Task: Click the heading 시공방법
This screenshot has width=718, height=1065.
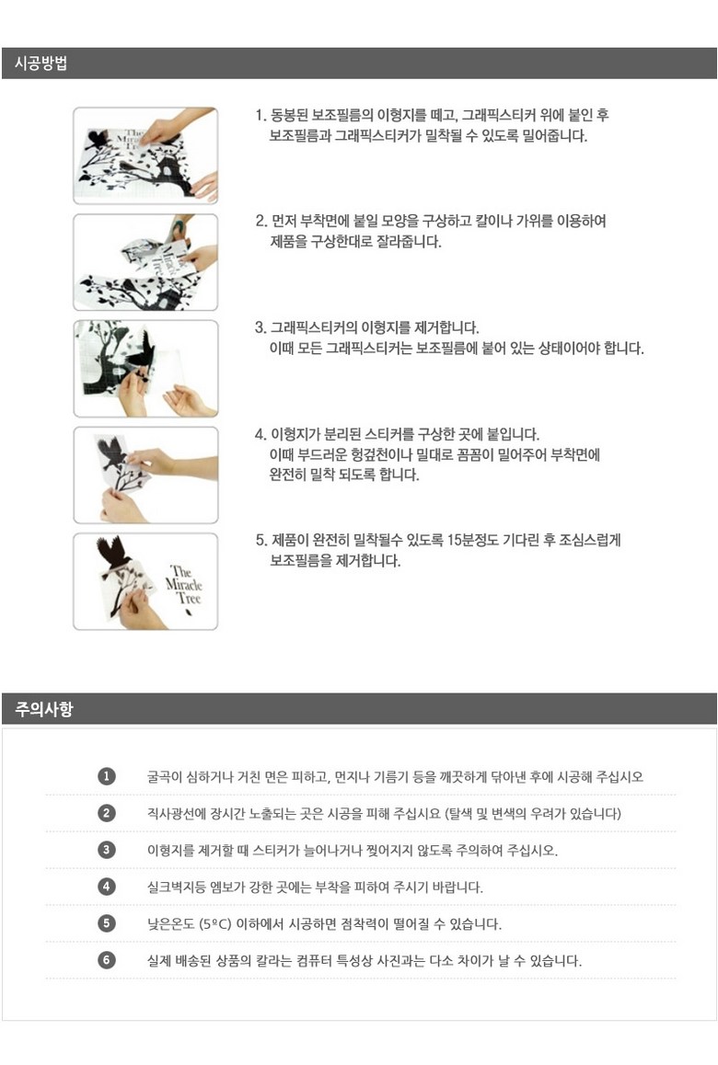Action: point(41,63)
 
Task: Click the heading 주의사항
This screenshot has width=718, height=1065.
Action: point(43,709)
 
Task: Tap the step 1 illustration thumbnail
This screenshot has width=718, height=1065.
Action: point(145,155)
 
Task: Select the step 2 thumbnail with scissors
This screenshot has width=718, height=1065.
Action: point(145,262)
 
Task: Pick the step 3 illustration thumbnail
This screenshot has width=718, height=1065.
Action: point(145,368)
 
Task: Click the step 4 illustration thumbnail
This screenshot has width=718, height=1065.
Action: point(145,475)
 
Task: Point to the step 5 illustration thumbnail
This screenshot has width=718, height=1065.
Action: point(145,581)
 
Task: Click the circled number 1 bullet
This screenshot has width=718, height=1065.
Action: point(107,776)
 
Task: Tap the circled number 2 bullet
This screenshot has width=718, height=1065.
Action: point(107,813)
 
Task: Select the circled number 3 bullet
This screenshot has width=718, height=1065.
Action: point(107,850)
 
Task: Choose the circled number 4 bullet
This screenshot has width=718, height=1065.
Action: point(107,887)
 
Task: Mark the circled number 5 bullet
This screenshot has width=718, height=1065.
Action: point(107,923)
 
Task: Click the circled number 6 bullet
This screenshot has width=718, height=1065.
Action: point(107,960)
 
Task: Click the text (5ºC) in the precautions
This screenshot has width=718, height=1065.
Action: point(214,923)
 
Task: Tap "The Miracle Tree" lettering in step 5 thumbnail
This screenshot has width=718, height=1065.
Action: point(183,585)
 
